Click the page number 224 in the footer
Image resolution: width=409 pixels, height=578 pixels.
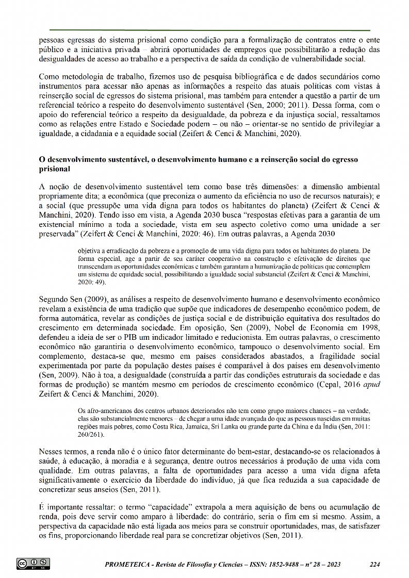[x=375, y=564]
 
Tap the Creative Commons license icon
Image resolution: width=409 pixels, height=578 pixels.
[x=33, y=564]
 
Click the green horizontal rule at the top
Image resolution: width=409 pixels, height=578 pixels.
[x=210, y=30]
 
